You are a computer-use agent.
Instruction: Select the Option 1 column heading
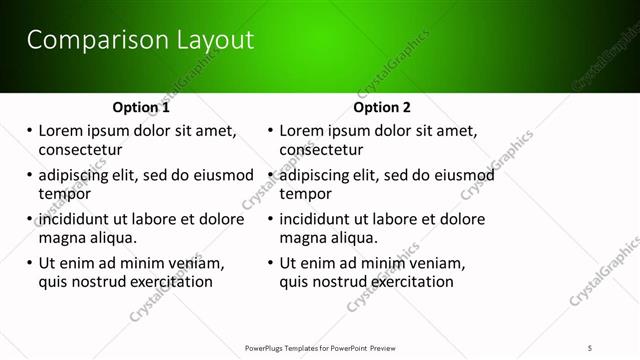point(141,107)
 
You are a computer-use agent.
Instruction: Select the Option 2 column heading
point(382,107)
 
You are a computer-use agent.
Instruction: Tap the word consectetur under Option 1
point(80,150)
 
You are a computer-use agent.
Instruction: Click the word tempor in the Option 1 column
point(63,194)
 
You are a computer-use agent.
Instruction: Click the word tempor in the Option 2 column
point(304,194)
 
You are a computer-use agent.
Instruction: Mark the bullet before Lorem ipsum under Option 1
point(29,131)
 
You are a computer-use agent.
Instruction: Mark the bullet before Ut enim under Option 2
point(270,264)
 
